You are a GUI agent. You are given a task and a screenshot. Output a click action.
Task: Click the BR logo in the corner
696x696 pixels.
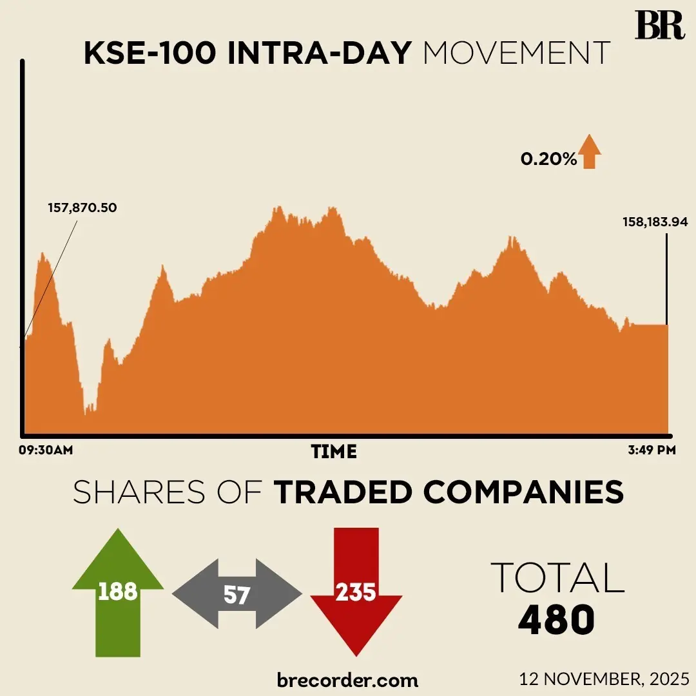point(659,25)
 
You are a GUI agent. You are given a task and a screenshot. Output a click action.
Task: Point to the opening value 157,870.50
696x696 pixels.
point(83,208)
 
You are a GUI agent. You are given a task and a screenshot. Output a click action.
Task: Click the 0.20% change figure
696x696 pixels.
point(549,159)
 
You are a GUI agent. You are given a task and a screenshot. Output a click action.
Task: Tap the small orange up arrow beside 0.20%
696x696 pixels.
point(589,153)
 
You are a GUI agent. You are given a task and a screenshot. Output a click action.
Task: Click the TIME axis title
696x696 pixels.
point(334,451)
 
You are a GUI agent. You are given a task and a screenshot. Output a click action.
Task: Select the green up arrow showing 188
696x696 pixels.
point(118,591)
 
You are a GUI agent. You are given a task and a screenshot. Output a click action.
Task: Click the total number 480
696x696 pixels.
point(556,619)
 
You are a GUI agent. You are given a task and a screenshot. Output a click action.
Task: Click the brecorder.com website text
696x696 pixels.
point(347,679)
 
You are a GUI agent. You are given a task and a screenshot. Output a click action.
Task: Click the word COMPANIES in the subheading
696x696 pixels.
point(524,493)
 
